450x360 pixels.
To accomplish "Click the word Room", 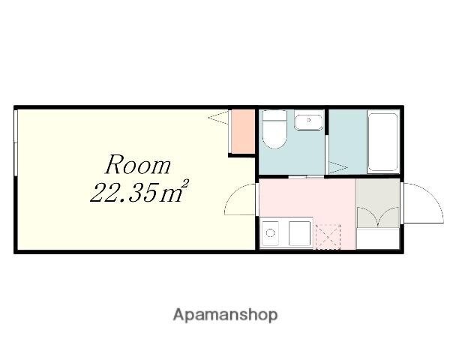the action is pyautogui.click(x=138, y=164).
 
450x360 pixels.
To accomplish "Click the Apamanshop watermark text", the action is pyautogui.click(x=225, y=315).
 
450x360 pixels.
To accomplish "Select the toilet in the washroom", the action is pyautogui.click(x=274, y=130).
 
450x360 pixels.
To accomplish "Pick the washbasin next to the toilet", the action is pyautogui.click(x=308, y=122).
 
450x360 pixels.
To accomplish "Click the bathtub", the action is pyautogui.click(x=382, y=142).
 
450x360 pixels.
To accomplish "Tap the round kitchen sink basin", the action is pyautogui.click(x=270, y=232).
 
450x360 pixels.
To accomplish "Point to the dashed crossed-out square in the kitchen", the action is pyautogui.click(x=328, y=237).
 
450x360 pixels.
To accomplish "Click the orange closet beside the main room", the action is pyautogui.click(x=243, y=131).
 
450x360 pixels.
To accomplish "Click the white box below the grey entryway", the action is pyautogui.click(x=378, y=238).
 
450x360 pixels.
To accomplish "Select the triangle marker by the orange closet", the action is pyautogui.click(x=219, y=118).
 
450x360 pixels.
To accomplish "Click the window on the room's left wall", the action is pyautogui.click(x=16, y=142).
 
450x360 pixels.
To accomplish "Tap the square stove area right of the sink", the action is pyautogui.click(x=299, y=233).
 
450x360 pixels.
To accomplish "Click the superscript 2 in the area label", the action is pyautogui.click(x=186, y=184).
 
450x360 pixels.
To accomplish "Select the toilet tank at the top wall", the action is pyautogui.click(x=274, y=115).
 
